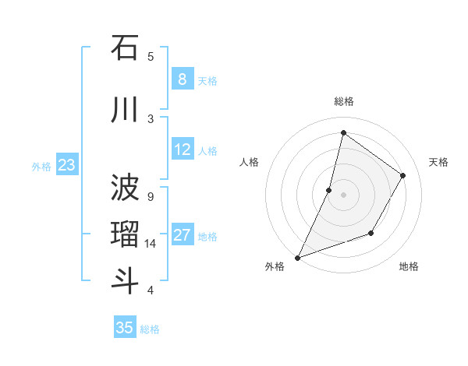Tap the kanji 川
pos(125,111)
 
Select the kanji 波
pos(125,188)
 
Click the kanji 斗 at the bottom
pos(125,281)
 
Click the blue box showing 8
pos(182,79)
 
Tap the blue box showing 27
pos(182,234)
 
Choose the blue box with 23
pos(66,164)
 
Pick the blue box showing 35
pos(125,327)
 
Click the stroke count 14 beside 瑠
pos(151,244)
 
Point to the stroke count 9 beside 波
pos(151,196)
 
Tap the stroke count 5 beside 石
pos(151,56)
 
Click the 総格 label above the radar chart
pos(343,101)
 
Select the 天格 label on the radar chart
pos(439,162)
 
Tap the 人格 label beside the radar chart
pos(249,162)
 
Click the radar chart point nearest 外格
pos(297,257)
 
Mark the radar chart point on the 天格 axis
pos(403,175)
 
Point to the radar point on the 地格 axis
pos(371,233)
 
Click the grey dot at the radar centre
pos(343,195)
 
